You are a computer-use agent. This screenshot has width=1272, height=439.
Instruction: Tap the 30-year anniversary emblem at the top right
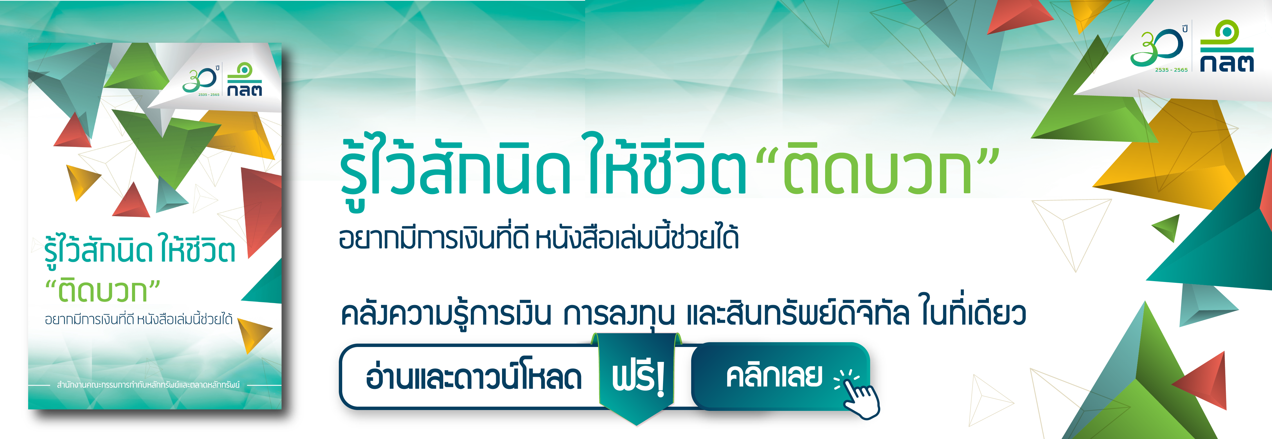click(1158, 47)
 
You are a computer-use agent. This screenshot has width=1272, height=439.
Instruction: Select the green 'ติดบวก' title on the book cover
click(103, 291)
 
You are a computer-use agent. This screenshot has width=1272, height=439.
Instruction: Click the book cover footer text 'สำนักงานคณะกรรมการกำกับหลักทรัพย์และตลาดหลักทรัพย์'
click(148, 384)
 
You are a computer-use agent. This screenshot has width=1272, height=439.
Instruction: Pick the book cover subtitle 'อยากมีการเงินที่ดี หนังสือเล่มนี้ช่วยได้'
click(138, 319)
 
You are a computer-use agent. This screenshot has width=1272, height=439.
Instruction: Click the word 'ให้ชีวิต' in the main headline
click(667, 165)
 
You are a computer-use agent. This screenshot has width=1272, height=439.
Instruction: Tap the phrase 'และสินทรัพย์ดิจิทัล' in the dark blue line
click(798, 314)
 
